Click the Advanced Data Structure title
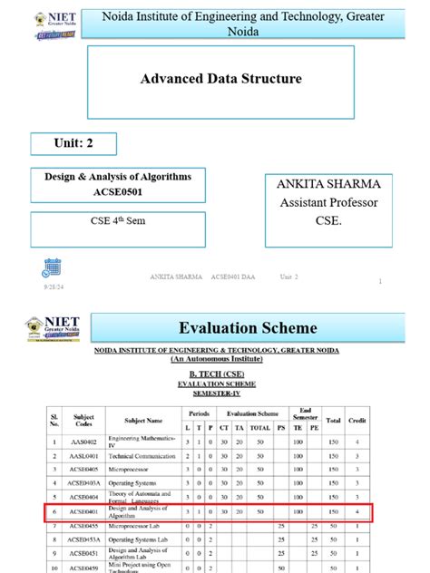pyautogui.click(x=220, y=80)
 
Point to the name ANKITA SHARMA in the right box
pyautogui.click(x=328, y=185)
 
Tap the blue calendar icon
pyautogui.click(x=52, y=267)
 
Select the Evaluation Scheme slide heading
pyautogui.click(x=248, y=327)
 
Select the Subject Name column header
pyautogui.click(x=143, y=421)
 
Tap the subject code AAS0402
pyautogui.click(x=83, y=442)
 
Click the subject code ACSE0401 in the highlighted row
pyautogui.click(x=83, y=512)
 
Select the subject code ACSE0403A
pyautogui.click(x=83, y=484)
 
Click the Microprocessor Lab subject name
pyautogui.click(x=139, y=526)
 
